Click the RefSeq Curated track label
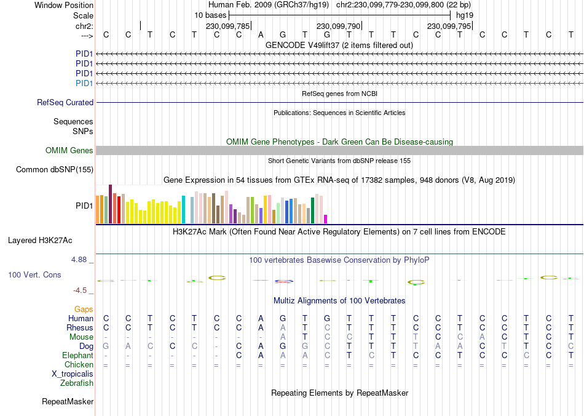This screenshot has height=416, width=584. (x=65, y=103)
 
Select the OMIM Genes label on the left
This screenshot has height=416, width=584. (x=69, y=151)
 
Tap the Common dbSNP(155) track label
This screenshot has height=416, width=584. (x=55, y=170)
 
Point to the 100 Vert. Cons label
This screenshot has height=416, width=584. (x=34, y=274)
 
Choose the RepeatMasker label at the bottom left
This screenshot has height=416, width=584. (x=68, y=402)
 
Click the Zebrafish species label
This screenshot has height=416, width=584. (x=77, y=383)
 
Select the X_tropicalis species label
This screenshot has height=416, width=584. (x=73, y=374)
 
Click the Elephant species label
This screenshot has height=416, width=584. (x=77, y=356)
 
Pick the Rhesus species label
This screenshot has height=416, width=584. (x=80, y=328)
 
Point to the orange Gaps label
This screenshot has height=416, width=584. (x=84, y=309)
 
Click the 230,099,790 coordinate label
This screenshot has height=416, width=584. (x=337, y=26)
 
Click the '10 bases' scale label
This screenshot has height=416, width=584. (x=211, y=15)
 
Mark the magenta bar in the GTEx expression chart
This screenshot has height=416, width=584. (x=326, y=218)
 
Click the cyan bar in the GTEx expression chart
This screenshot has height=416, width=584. (x=184, y=209)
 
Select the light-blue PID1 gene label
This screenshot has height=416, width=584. (x=84, y=83)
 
